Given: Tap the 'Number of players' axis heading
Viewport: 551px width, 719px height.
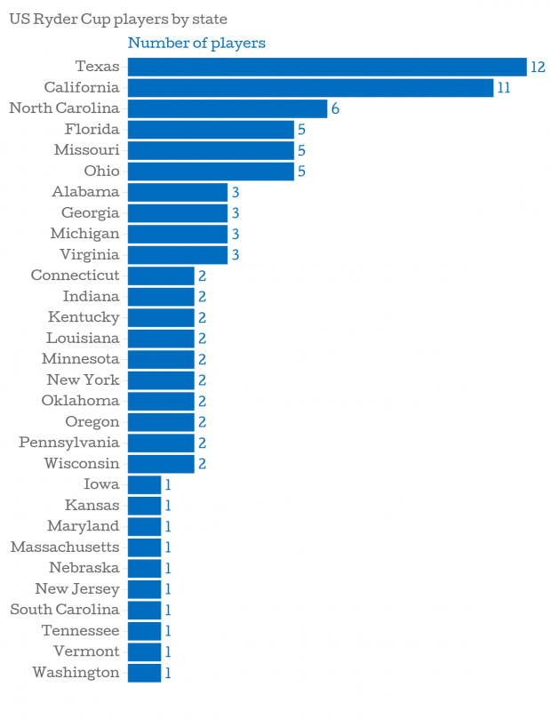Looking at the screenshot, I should tap(196, 43).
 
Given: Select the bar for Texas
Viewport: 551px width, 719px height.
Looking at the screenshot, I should tap(327, 67).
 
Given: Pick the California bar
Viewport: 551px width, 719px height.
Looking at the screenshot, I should tap(310, 87).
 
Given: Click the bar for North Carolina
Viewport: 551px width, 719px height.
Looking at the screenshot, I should tap(228, 108).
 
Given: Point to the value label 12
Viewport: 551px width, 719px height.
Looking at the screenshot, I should tap(537, 67).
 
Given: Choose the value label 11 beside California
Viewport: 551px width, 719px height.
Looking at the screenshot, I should tap(503, 87).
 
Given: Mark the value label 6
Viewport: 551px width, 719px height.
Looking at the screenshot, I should tap(336, 108).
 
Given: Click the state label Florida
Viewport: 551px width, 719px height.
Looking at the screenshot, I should tap(92, 129).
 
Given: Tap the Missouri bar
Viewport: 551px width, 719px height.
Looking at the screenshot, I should tap(211, 150).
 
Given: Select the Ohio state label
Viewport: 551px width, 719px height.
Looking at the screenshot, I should tap(101, 171).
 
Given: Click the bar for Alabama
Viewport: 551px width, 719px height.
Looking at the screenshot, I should tap(178, 192).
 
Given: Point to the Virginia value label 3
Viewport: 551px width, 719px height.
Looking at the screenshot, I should tap(236, 255).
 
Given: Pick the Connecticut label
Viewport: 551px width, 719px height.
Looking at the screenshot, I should tap(75, 276).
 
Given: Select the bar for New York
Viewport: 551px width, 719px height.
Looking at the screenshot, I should tap(161, 380).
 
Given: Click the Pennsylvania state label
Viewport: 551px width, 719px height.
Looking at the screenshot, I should tap(68, 443).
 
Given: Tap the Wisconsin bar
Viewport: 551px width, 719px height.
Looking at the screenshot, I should tap(161, 464).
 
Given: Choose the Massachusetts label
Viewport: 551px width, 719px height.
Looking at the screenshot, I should tap(65, 547).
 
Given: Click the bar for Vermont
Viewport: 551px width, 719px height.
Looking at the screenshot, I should tap(144, 651).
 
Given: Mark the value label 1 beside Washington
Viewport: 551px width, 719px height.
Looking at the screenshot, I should tap(167, 673).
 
